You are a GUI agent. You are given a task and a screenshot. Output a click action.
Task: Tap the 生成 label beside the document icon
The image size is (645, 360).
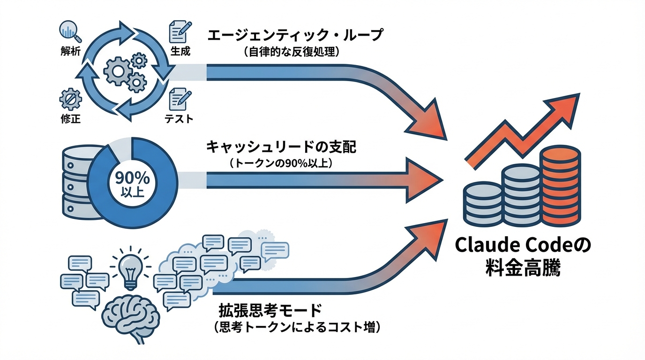point(180,51)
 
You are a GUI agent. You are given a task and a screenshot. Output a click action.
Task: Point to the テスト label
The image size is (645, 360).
point(179,119)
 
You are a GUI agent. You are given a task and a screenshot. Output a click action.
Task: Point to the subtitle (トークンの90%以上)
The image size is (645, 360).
point(282,164)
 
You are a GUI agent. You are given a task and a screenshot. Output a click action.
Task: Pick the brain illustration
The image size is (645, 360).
point(130,317)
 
